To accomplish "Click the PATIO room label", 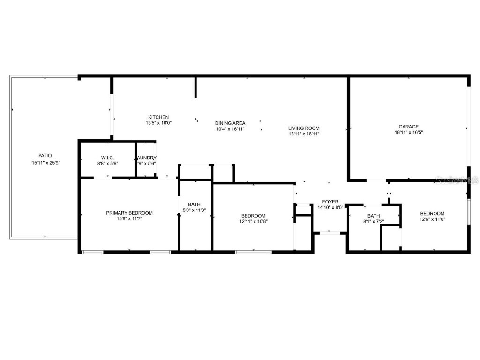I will coord(45,155).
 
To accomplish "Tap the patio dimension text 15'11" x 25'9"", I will coord(45,163).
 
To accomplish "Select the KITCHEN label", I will coord(158,117).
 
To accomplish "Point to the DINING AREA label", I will coord(230,123).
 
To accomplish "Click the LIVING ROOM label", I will coord(304,128).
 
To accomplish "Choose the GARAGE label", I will coord(408,126).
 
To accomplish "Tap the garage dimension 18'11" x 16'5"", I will coord(408,133).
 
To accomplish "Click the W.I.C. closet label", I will coord(108,157).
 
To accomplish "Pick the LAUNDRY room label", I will coord(146,157).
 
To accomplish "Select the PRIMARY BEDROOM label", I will coord(129,213).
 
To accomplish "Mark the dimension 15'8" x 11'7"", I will coord(129,219).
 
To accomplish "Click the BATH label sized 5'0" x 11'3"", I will coord(194,204).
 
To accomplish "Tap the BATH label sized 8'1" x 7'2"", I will coord(374,216).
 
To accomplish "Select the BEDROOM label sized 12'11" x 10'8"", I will coord(253,216).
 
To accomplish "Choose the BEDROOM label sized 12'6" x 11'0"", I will coord(432,213).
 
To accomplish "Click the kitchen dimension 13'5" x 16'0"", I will coord(158,123).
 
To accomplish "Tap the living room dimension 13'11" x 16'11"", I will coord(304,134).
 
